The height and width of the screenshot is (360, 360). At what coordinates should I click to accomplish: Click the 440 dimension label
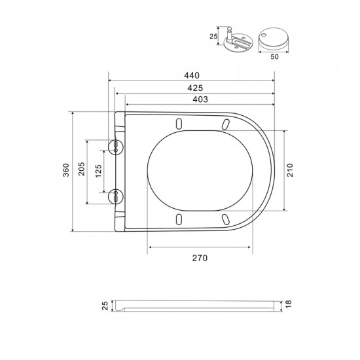coord(192,75)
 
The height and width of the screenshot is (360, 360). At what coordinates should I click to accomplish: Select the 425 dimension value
coord(195,88)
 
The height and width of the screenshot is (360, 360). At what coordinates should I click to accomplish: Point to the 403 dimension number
coord(200,99)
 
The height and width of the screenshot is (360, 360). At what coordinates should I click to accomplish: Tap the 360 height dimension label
coord(66,170)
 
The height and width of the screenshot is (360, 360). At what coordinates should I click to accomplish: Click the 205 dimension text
coord(82,169)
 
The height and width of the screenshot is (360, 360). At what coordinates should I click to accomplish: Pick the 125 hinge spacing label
coord(98,171)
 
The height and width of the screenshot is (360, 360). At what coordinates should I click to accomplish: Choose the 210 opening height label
coord(290,170)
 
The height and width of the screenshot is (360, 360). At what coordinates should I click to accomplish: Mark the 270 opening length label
coord(200,258)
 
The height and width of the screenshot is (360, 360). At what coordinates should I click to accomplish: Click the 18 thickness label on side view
coord(289,304)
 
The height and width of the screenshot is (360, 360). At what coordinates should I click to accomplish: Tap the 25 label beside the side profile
coord(105,306)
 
